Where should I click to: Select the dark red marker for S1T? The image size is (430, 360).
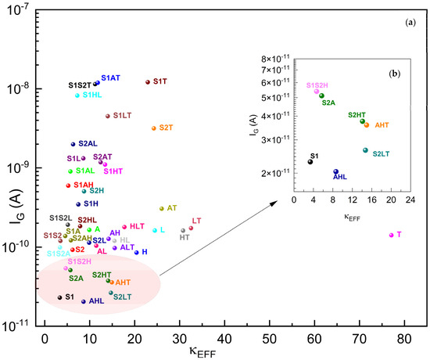click(x=147, y=81)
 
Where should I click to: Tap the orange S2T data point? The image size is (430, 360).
click(x=154, y=128)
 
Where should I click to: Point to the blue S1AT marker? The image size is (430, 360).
click(x=97, y=83)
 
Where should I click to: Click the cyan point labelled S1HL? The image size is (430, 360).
click(x=77, y=95)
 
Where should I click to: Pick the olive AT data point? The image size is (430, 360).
click(x=162, y=208)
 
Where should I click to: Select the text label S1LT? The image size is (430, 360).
click(x=122, y=116)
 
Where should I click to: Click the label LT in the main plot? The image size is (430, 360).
click(x=196, y=221)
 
